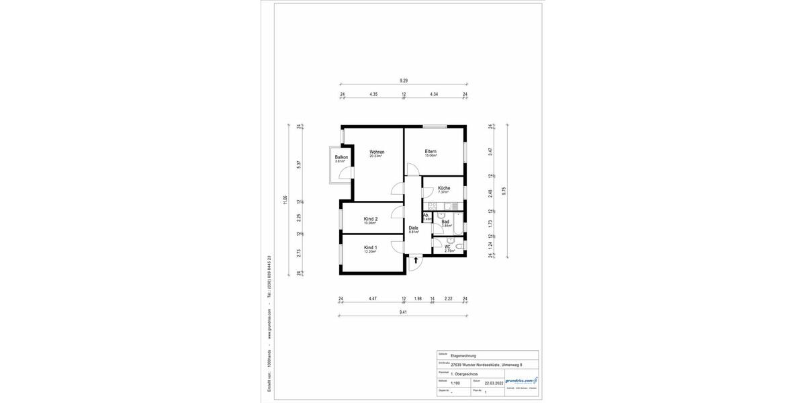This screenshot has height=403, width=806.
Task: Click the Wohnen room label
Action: (x=376, y=152)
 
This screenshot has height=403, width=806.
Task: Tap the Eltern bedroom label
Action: (x=431, y=152)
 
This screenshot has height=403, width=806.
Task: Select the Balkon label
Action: (x=341, y=158)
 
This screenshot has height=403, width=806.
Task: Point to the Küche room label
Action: (x=443, y=188)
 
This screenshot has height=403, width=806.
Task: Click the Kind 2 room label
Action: (x=370, y=219)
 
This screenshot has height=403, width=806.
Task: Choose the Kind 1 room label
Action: (x=370, y=248)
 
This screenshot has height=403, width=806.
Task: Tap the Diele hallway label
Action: (x=413, y=228)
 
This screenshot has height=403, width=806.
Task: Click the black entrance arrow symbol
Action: (x=416, y=259)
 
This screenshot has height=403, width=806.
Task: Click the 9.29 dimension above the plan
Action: (x=403, y=81)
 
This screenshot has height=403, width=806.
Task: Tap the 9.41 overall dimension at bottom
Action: (x=403, y=312)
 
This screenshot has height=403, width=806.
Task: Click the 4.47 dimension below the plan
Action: (x=372, y=298)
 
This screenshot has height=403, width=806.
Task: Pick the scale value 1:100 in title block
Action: (x=455, y=384)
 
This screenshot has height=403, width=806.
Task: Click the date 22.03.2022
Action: (x=494, y=384)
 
